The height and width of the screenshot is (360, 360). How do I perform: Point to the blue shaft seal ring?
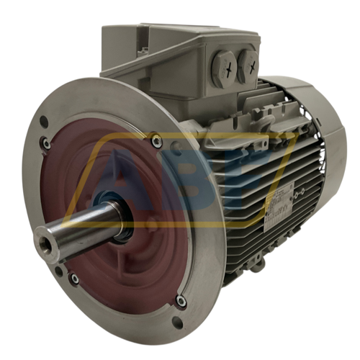[x=127, y=221]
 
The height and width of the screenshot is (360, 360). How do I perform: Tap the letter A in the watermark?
[x=115, y=173]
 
